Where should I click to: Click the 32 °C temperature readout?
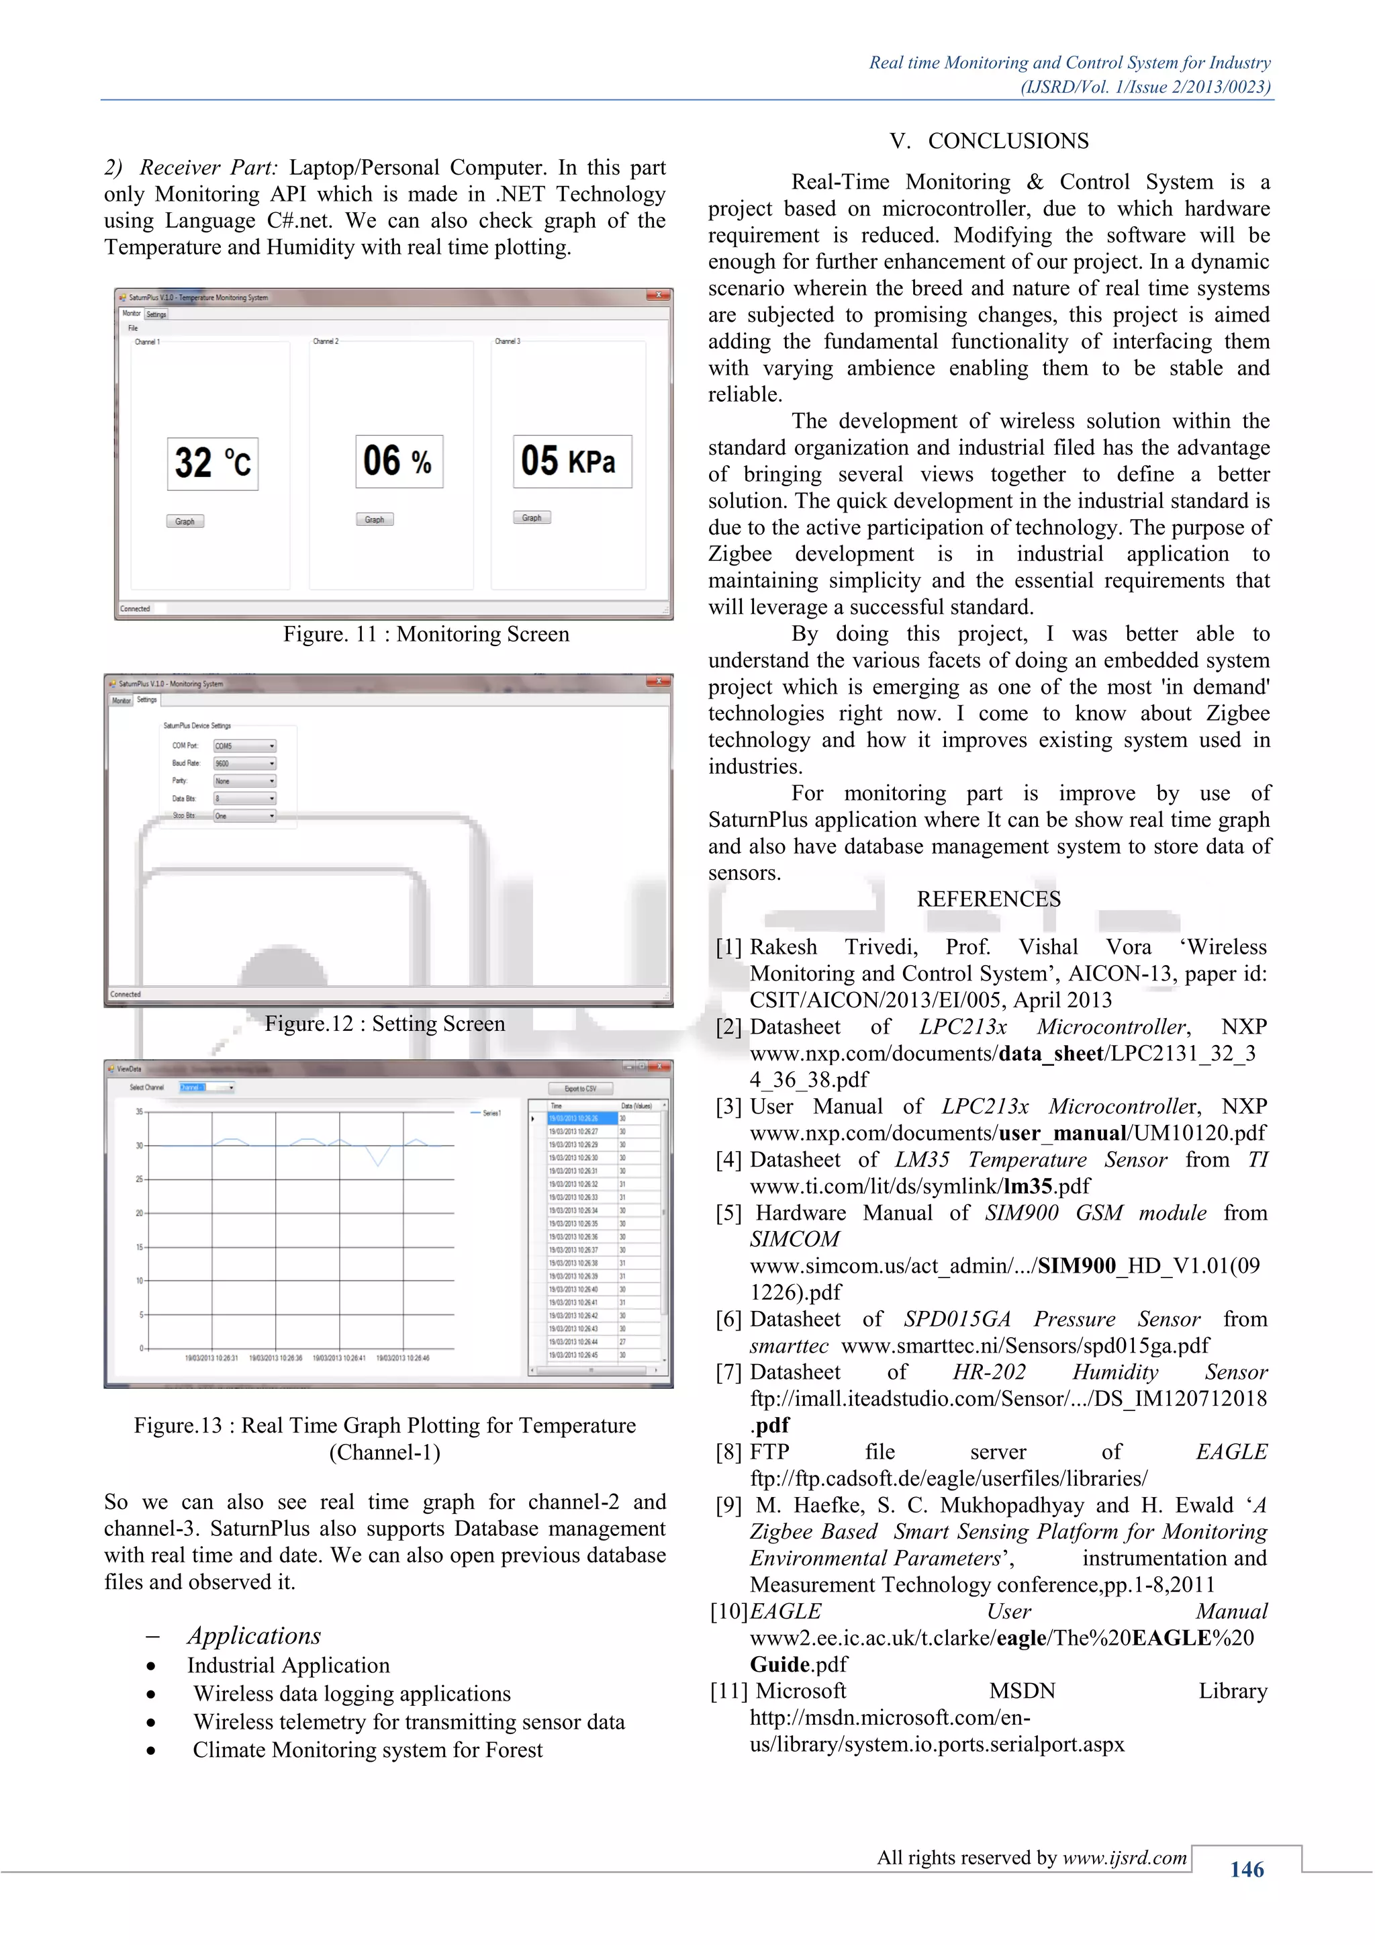point(213,463)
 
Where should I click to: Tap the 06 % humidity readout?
point(399,461)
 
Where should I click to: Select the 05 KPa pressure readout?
point(571,461)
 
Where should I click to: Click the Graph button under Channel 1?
point(185,521)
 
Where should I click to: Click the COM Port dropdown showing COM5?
point(244,746)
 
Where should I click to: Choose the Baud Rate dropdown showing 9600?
point(244,763)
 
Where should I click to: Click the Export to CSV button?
point(580,1089)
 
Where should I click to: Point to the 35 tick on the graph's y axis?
point(140,1112)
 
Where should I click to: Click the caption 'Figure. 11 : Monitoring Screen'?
point(426,635)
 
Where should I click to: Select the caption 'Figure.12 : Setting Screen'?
point(385,1024)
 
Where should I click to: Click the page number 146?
point(1246,1870)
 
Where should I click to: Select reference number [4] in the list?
point(728,1160)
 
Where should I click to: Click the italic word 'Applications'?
point(254,1636)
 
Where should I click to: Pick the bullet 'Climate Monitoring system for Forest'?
point(367,1750)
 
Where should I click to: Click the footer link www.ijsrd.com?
point(1125,1858)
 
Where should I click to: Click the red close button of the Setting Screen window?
point(658,682)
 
